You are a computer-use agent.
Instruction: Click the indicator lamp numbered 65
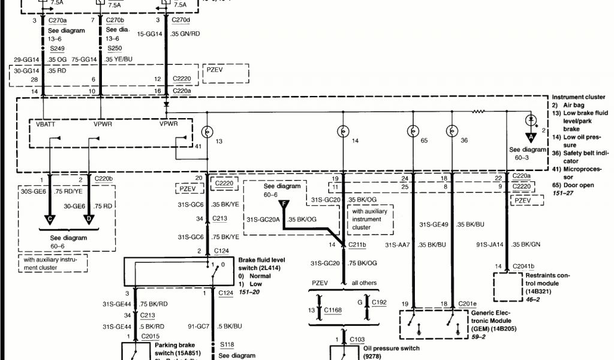[413, 131]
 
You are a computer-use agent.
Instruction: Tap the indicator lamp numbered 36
[452, 131]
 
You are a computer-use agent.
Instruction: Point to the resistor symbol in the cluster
[479, 112]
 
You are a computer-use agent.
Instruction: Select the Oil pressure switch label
[391, 348]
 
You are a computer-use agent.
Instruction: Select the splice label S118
[226, 344]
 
